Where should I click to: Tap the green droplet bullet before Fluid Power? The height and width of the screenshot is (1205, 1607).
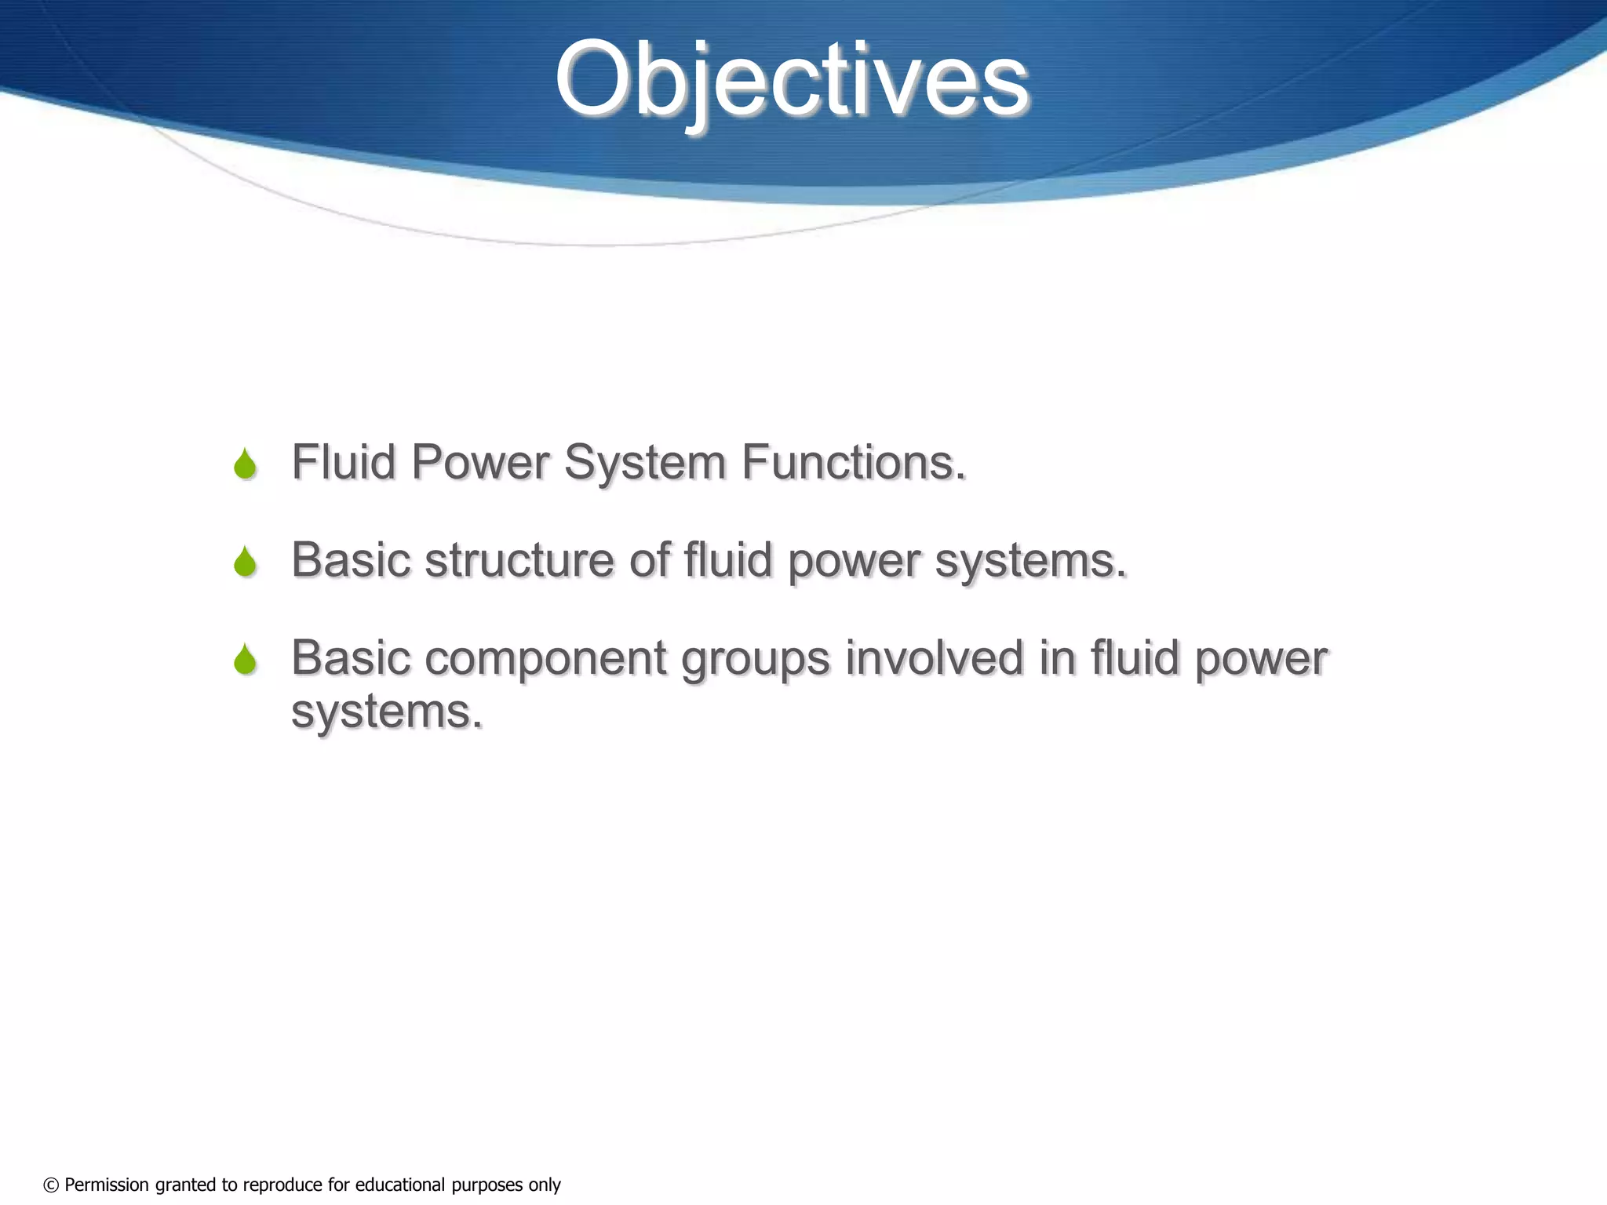(x=246, y=464)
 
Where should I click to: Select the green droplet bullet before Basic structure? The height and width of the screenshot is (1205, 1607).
(x=246, y=562)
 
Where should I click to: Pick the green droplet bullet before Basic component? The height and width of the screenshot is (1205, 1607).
(x=246, y=659)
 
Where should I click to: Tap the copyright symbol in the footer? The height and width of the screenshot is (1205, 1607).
(x=51, y=1185)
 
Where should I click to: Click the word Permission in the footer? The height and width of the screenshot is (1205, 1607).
(x=107, y=1185)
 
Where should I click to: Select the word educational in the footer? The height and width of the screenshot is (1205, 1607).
(x=399, y=1185)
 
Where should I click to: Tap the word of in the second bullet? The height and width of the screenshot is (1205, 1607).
(x=649, y=560)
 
